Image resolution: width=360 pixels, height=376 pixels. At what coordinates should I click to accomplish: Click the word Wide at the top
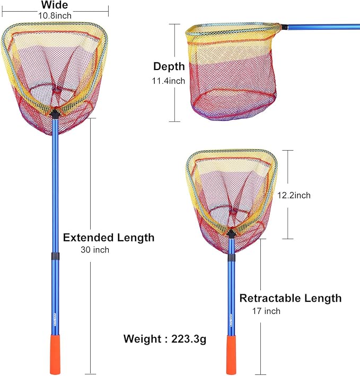tap(55, 5)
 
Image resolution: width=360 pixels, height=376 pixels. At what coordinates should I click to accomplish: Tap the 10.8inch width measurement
tap(55, 15)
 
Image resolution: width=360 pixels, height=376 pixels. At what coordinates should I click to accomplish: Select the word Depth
tap(169, 66)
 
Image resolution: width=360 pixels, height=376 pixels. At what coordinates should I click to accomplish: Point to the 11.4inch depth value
tap(169, 81)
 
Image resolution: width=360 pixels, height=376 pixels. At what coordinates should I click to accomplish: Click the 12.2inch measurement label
tap(294, 195)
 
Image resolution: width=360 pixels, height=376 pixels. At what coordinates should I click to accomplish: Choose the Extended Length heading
tap(109, 238)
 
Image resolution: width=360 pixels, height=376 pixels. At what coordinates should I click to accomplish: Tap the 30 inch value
tap(95, 250)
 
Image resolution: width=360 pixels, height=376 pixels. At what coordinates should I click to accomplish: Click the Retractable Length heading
tap(291, 298)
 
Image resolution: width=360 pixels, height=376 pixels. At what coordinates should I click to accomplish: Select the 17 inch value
tap(266, 311)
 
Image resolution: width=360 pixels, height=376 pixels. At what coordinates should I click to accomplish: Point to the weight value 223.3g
tap(189, 339)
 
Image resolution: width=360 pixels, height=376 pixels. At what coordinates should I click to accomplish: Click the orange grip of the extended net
tap(55, 354)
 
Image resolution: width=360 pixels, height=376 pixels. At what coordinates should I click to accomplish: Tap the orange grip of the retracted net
tap(231, 354)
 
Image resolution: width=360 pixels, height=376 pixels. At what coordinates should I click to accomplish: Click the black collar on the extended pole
tap(55, 256)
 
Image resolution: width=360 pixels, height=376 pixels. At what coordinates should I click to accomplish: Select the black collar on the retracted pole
tap(231, 258)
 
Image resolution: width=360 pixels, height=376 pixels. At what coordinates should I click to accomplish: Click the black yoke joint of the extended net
tap(55, 114)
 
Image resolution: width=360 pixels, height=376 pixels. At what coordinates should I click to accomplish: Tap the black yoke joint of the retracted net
tap(231, 234)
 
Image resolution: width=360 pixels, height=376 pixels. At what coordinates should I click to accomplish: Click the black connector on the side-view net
tap(285, 27)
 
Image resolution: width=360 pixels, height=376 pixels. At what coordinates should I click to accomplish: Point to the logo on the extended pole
tap(55, 320)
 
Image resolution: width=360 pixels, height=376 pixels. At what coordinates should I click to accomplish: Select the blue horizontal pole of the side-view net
tap(323, 27)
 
